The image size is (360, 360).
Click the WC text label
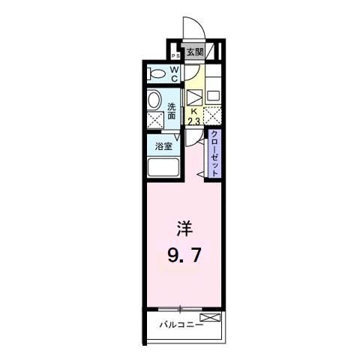(174, 73)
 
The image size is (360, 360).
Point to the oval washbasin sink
(154, 100)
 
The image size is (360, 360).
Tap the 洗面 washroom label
(172, 111)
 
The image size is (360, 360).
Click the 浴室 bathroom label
(164, 146)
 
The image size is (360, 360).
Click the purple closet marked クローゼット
(214, 154)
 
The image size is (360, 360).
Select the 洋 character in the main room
(184, 227)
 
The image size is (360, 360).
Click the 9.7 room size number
(184, 257)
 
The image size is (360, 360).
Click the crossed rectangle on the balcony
(211, 319)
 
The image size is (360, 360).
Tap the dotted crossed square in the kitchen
(213, 117)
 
